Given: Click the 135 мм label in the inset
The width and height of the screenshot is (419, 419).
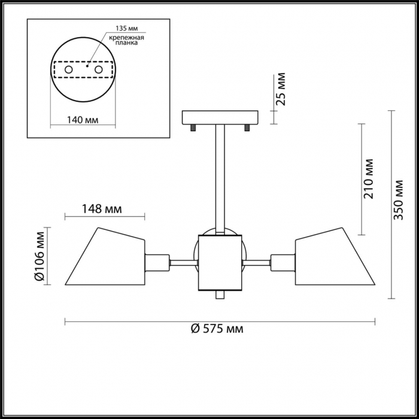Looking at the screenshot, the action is (x=127, y=28).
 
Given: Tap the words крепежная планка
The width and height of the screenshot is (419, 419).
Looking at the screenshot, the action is (x=127, y=40).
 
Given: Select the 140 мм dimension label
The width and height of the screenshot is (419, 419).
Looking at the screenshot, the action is (x=83, y=120).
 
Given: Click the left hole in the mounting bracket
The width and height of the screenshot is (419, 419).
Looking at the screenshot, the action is (x=69, y=70).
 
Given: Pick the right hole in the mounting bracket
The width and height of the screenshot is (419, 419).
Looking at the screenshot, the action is (x=99, y=70).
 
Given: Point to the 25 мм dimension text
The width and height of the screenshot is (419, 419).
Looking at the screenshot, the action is (x=281, y=89).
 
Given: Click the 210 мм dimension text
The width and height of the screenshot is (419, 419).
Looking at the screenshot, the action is (x=368, y=179).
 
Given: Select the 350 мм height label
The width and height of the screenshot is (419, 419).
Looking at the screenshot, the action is (x=398, y=200).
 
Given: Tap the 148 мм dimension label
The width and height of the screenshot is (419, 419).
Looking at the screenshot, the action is (x=102, y=209).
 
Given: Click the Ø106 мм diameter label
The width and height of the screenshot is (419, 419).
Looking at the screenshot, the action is (x=40, y=256).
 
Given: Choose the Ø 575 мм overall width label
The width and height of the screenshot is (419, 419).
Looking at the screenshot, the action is (x=217, y=329).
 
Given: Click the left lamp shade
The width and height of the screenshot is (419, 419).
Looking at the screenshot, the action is (x=105, y=256).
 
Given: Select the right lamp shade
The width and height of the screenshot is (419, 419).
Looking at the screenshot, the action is (x=335, y=256).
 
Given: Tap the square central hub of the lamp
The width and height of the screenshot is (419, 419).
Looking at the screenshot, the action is (x=220, y=263).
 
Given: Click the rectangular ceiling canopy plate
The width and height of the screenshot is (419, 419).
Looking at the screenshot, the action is (x=220, y=118).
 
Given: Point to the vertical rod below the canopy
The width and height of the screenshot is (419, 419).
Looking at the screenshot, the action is (x=220, y=180).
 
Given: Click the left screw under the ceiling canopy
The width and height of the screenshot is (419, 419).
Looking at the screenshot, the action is (x=193, y=128).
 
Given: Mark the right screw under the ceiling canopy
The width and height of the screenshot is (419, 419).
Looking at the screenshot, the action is (x=247, y=128).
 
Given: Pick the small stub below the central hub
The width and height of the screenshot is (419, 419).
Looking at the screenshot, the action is (x=220, y=294).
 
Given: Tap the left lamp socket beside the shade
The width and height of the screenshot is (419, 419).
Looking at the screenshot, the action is (x=157, y=263).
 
